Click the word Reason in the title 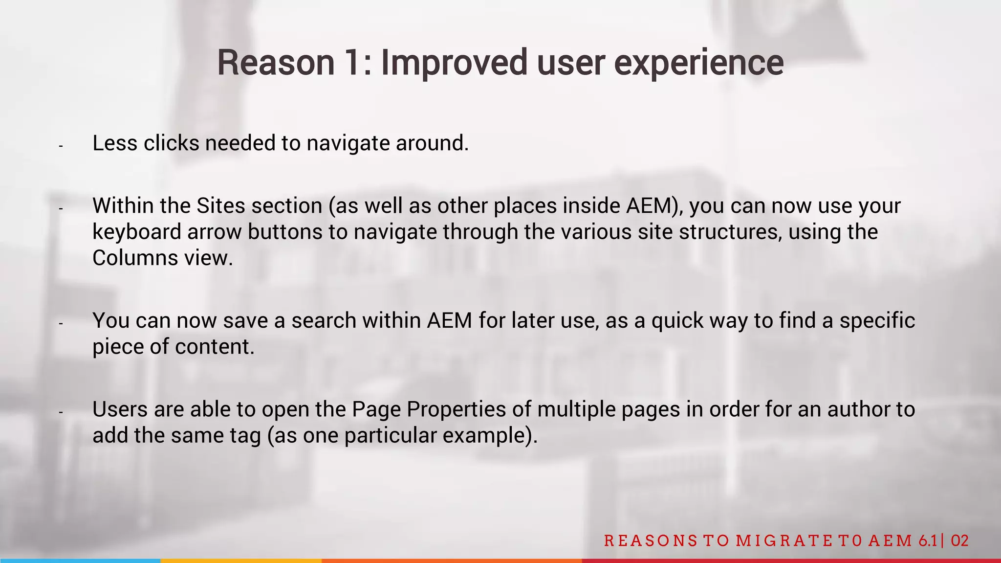[276, 63]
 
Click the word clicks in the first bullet [171, 143]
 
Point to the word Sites [220, 206]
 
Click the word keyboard [137, 232]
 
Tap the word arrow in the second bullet [214, 232]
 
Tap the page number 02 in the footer [960, 540]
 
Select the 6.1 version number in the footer [927, 540]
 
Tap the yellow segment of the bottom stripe [240, 561]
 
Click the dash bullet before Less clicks [61, 146]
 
